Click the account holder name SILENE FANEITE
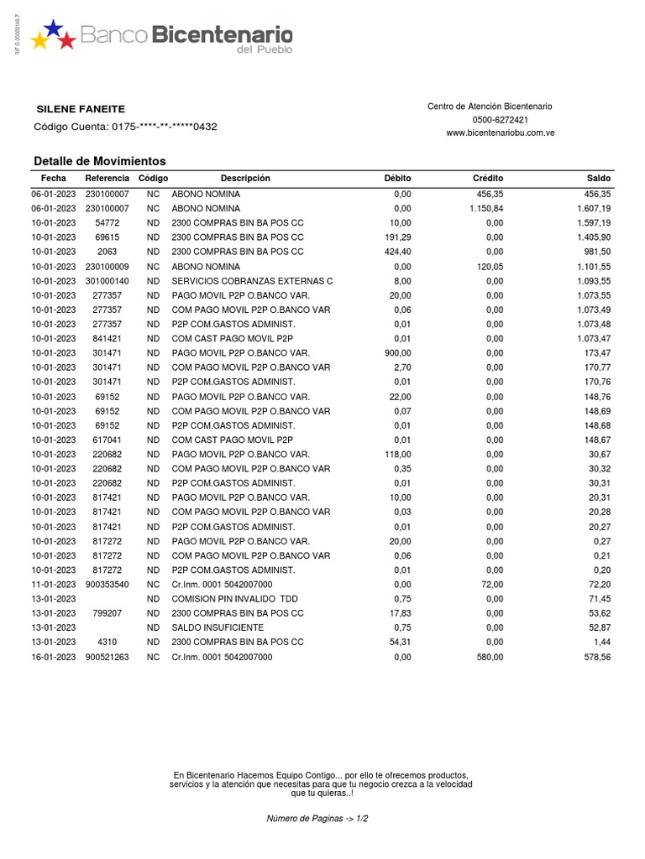pos(81,109)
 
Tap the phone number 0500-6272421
pos(490,120)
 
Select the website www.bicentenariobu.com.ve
pos(490,133)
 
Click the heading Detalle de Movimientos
pos(100,161)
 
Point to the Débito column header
pos(397,179)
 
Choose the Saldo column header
pos(599,179)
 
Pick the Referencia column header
pos(107,179)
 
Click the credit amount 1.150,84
pos(486,208)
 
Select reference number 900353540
pos(107,584)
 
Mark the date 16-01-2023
pos(54,657)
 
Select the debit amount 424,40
pos(397,252)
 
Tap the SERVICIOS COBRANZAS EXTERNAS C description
pos(252,280)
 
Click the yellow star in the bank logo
pos(39,39)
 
